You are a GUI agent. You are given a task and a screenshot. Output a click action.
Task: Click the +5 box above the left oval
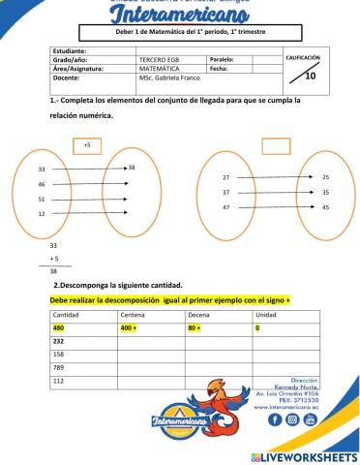click(86, 145)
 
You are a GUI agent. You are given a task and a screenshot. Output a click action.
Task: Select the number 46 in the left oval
click(42, 183)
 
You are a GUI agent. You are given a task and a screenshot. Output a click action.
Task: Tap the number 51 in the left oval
click(42, 199)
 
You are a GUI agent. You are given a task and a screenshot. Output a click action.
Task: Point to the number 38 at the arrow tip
click(131, 168)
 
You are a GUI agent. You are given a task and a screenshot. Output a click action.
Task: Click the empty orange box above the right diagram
click(276, 145)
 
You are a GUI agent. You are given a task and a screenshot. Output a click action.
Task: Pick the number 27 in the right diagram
click(225, 178)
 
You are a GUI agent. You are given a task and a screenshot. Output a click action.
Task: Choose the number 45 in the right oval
click(325, 207)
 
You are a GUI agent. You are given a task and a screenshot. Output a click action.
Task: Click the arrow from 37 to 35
click(276, 193)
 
